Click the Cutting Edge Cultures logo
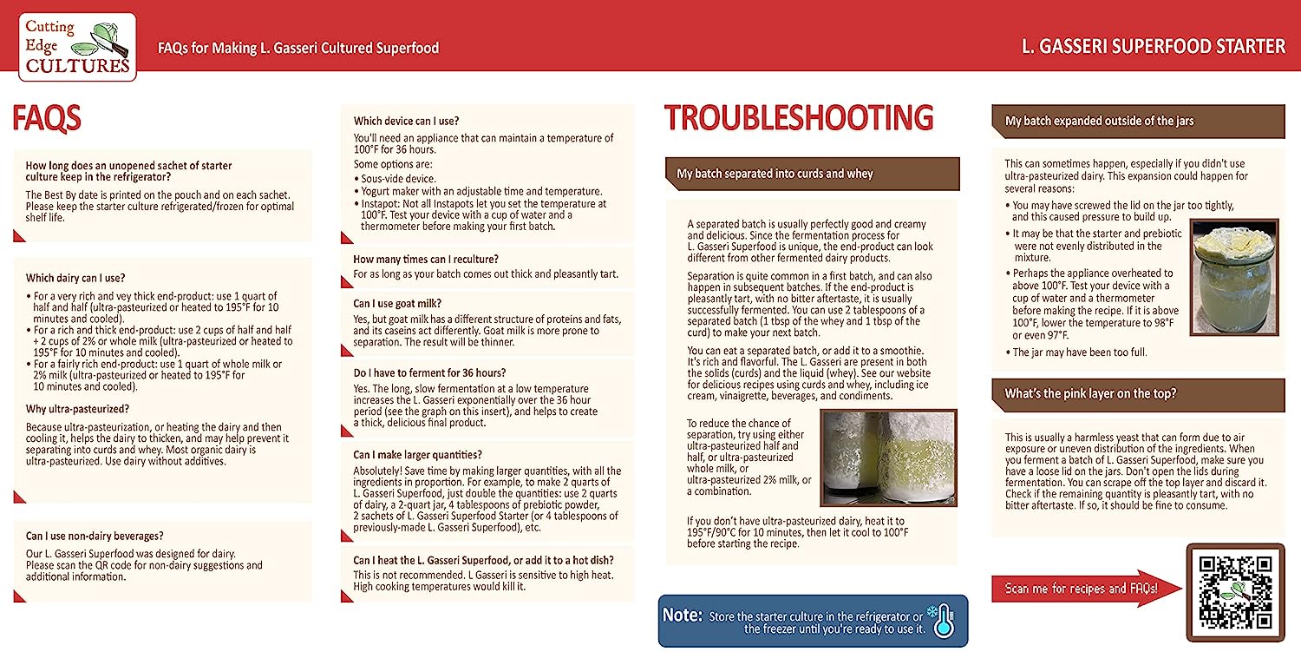tap(77, 47)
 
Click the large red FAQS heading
tap(47, 118)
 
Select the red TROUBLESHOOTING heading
tap(798, 118)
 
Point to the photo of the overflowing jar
tap(1232, 276)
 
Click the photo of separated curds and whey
tap(888, 458)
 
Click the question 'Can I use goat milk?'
tap(397, 303)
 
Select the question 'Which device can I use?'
tap(406, 121)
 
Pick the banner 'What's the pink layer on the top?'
tap(1090, 393)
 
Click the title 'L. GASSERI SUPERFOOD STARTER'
tap(1154, 46)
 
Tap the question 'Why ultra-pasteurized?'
tap(78, 409)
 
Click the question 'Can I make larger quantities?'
tap(417, 455)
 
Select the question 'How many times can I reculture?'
tap(425, 259)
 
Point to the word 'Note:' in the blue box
tap(682, 615)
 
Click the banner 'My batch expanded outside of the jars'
tap(1099, 121)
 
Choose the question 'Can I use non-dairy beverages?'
tap(95, 536)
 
